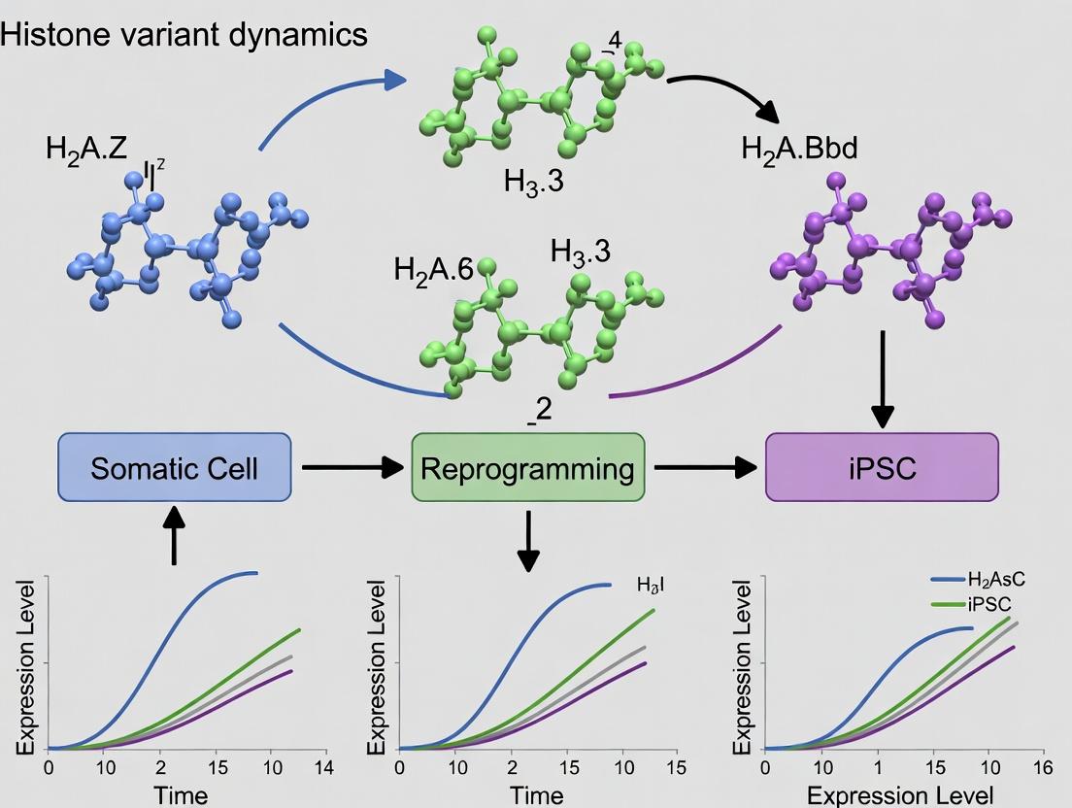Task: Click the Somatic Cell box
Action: coord(174,468)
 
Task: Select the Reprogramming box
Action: coord(527,468)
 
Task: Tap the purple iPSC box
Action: coord(882,468)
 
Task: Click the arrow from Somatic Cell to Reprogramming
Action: coord(352,468)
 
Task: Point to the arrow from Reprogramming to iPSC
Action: coord(705,468)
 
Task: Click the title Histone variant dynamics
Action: coord(184,35)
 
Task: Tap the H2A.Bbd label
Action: coord(799,149)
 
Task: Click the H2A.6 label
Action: coord(434,269)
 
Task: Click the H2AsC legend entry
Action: coord(996,580)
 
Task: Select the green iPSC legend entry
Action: coord(990,603)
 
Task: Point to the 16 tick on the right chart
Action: coord(1044,767)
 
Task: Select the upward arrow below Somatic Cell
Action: coord(174,536)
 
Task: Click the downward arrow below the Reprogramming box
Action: coord(527,542)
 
